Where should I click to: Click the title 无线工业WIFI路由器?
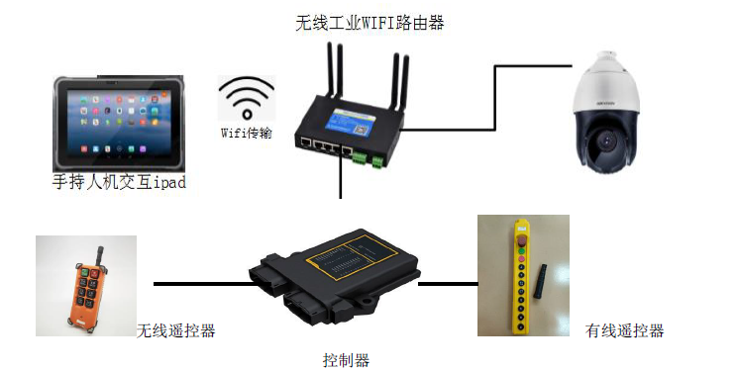369,23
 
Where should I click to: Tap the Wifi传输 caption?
247,134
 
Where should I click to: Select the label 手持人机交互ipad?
119,182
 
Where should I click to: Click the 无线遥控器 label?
175,330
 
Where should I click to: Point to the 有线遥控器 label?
624,330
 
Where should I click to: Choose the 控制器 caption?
346,360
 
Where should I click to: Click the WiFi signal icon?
247,99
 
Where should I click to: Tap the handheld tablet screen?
119,124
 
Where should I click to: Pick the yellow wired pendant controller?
521,277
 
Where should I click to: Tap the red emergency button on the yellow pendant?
522,242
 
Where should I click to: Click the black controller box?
335,275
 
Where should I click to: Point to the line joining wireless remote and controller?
202,284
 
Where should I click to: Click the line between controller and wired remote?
448,284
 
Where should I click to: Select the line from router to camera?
495,98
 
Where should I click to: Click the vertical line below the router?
341,176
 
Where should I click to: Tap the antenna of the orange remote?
100,258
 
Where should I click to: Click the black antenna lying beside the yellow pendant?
540,281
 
